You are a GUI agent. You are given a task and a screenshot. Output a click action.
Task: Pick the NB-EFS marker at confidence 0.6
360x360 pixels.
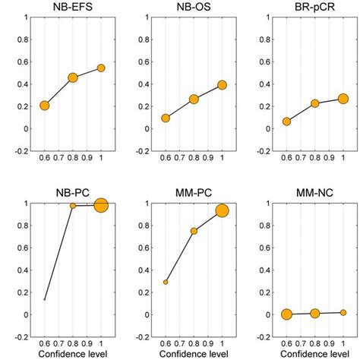(45, 106)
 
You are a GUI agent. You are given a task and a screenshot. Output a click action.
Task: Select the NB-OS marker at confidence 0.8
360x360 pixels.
(194, 99)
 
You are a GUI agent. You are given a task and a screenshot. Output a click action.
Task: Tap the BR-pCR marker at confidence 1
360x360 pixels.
(343, 99)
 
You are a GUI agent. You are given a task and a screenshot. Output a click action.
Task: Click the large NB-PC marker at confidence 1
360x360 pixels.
(101, 204)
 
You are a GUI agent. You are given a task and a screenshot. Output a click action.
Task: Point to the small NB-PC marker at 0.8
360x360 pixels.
(73, 206)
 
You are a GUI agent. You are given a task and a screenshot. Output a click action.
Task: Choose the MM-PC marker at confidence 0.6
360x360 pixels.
(166, 282)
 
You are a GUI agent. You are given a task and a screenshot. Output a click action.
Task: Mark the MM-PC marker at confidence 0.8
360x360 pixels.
(194, 231)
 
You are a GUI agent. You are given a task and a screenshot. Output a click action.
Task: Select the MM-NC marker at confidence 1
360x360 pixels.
(343, 312)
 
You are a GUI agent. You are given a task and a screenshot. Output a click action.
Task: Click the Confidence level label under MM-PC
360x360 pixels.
(194, 354)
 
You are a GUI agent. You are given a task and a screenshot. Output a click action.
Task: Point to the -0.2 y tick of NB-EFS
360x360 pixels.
(20, 150)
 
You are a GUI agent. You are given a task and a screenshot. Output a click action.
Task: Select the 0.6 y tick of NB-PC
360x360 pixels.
(22, 248)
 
